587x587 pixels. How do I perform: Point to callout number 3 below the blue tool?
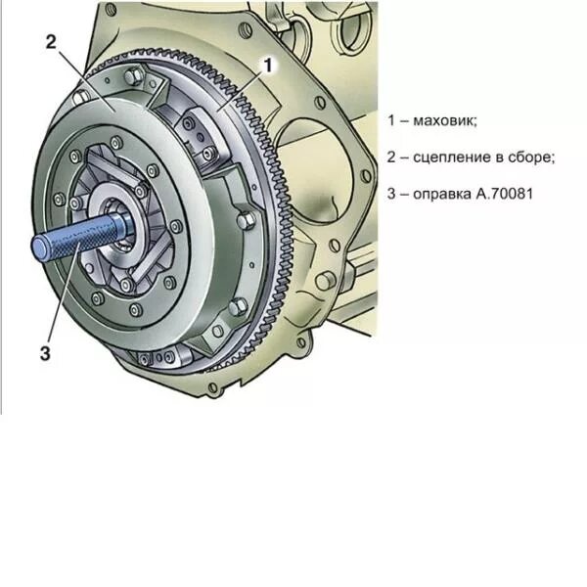point(44,354)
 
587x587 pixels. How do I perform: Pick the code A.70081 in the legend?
point(506,194)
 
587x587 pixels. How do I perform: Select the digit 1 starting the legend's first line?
point(391,120)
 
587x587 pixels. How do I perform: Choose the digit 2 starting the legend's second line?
point(391,157)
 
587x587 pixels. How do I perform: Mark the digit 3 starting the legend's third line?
point(391,194)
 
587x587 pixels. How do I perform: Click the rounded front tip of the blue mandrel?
point(37,251)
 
